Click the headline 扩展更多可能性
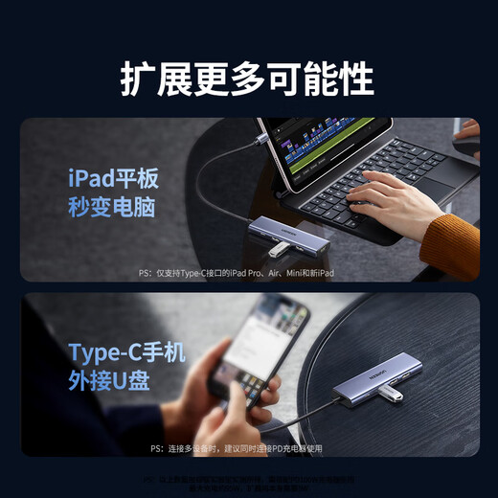click(x=247, y=78)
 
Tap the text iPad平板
click(x=113, y=179)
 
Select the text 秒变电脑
click(x=113, y=208)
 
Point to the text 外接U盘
click(x=109, y=380)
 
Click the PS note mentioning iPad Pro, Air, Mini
click(x=236, y=273)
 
